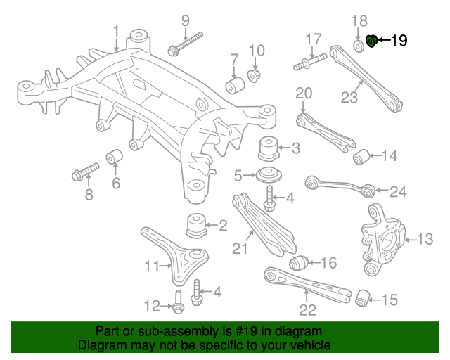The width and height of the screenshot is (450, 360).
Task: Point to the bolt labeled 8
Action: (x=84, y=171)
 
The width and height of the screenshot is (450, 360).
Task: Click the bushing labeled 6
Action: (x=115, y=157)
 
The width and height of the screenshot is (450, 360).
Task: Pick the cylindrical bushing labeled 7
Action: (x=234, y=85)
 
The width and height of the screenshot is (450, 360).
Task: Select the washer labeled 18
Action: (x=358, y=45)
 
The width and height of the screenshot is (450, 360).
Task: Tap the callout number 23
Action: (x=349, y=97)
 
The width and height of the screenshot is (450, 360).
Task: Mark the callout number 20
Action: (x=303, y=93)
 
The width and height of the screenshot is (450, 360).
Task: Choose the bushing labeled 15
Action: (x=363, y=298)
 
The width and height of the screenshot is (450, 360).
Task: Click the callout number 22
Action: (x=307, y=309)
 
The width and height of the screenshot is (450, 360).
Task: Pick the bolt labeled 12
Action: (x=178, y=305)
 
